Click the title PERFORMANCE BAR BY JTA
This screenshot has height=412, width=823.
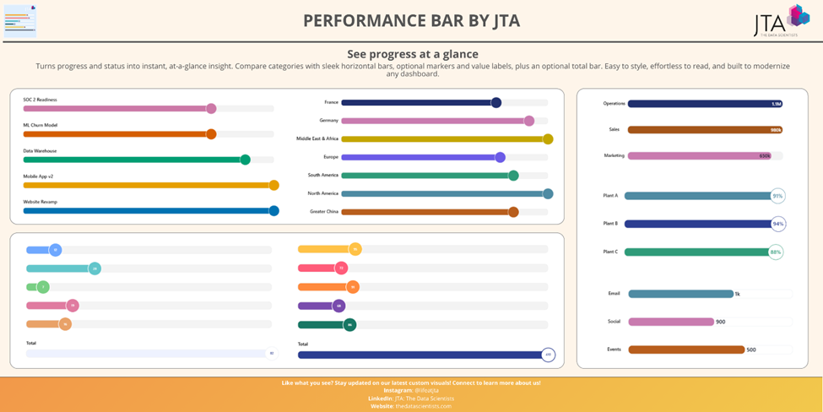(411, 20)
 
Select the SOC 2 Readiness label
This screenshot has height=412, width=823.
(41, 100)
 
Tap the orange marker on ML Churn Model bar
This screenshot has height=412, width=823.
(211, 134)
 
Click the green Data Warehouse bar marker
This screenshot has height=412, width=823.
(245, 160)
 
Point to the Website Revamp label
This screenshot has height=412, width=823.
(41, 202)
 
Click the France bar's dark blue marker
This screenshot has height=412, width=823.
(496, 103)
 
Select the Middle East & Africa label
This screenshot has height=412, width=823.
(317, 138)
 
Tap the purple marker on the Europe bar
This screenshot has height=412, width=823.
(500, 157)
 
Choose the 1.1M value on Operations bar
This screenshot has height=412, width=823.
(776, 104)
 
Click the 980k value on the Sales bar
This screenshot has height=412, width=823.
(775, 130)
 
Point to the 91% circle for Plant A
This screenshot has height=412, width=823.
(777, 196)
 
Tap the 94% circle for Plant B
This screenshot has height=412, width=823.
(777, 224)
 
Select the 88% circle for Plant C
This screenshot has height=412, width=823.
(775, 252)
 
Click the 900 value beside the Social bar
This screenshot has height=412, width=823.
(720, 322)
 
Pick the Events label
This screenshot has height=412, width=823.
(614, 349)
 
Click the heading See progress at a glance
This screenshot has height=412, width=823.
(412, 54)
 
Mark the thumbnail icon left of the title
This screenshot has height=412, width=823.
(20, 20)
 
